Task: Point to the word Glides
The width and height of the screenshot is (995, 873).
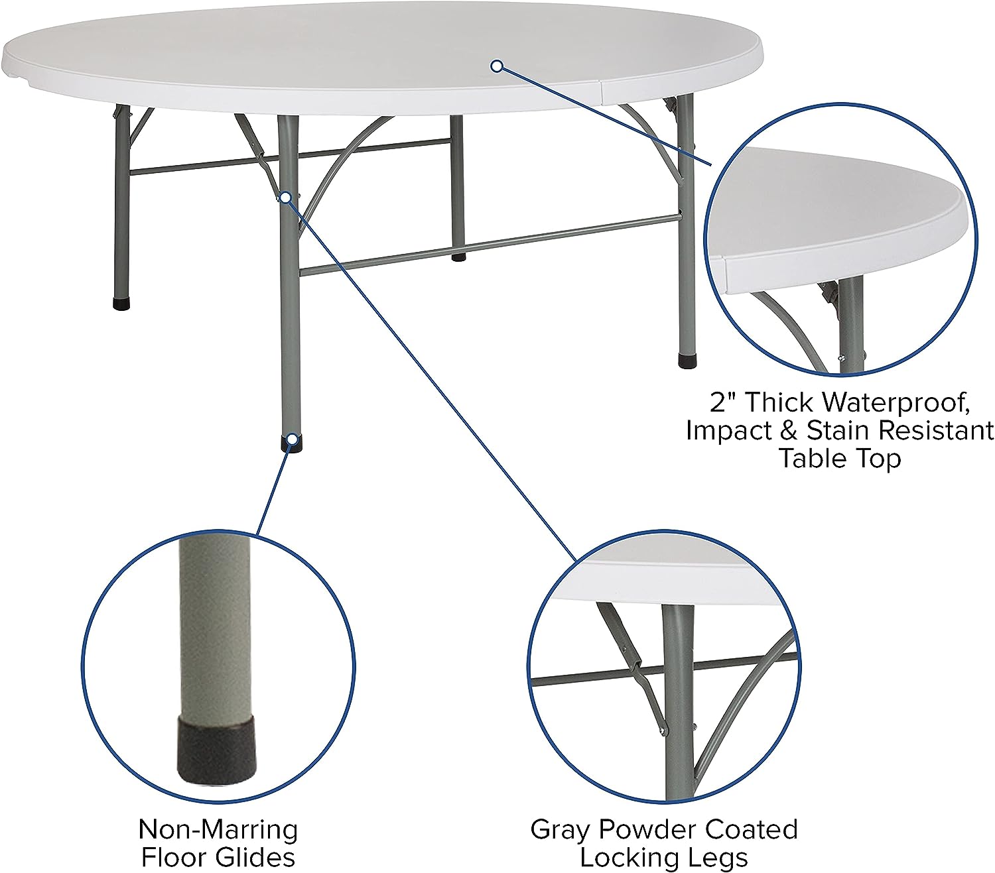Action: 255,857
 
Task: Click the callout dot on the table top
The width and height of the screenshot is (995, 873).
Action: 497,66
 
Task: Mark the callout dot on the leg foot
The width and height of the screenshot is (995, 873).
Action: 293,439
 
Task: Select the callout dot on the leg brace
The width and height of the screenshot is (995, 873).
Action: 285,198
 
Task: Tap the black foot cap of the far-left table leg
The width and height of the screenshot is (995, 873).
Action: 121,304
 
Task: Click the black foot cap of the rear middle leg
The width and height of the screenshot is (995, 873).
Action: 458,257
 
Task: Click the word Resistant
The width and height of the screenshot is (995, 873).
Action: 936,430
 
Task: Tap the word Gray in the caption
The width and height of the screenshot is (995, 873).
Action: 561,831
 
